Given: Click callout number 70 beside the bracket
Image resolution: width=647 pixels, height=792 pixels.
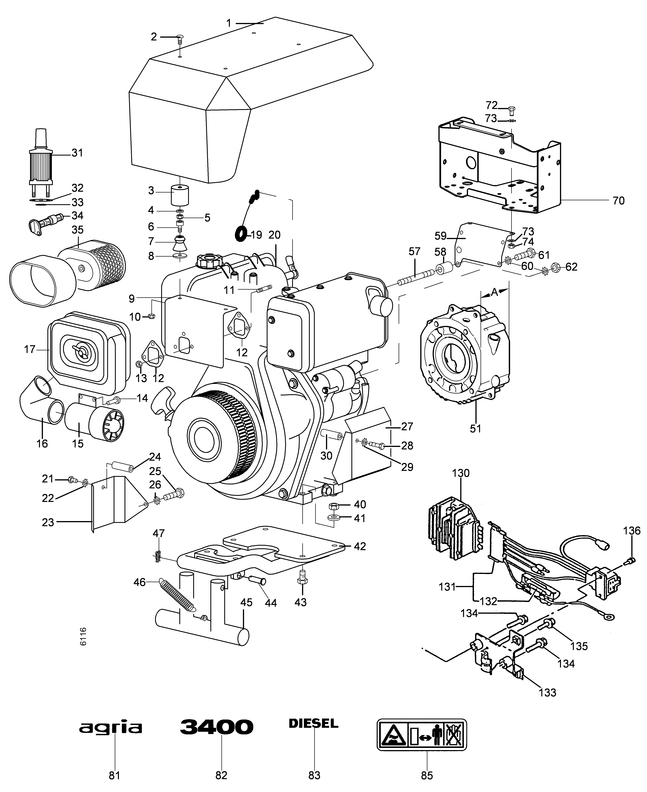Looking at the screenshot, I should tap(618, 201).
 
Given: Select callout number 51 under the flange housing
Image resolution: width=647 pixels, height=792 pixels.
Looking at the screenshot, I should tap(476, 429).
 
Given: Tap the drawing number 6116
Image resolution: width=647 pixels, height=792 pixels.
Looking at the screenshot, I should tap(83, 636).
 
